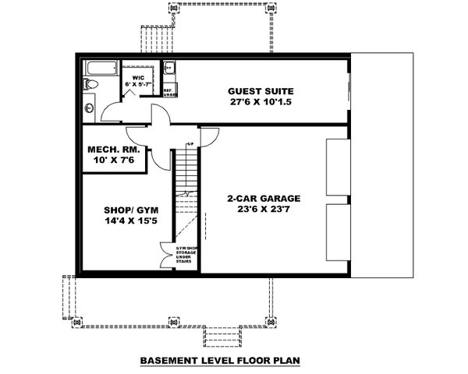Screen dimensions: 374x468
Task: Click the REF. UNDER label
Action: (x=168, y=92)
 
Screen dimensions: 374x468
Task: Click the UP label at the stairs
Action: (x=190, y=144)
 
